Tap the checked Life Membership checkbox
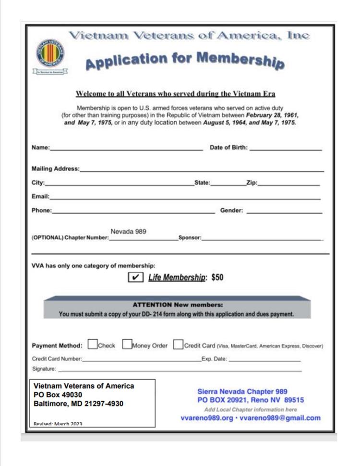point(136,277)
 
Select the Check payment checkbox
point(93,344)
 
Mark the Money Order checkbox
point(127,344)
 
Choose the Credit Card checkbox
point(178,344)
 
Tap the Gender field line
point(284,211)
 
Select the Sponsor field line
point(262,239)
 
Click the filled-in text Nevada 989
point(129,232)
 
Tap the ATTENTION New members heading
point(178,305)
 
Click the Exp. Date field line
point(265,360)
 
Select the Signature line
point(180,370)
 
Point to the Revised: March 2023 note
point(58,424)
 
